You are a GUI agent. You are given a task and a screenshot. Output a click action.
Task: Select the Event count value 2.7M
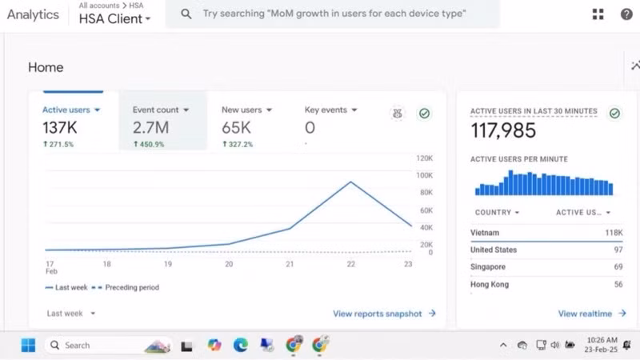(x=150, y=128)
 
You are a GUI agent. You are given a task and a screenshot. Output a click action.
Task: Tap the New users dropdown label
(x=246, y=110)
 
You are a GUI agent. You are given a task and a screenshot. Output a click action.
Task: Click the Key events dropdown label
(x=330, y=110)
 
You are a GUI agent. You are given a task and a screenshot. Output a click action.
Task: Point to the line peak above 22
(x=350, y=182)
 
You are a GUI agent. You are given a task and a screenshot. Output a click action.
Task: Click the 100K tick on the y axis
(x=424, y=175)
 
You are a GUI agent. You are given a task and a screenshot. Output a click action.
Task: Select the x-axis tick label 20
(x=229, y=264)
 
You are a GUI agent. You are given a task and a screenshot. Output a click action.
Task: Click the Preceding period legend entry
(x=126, y=287)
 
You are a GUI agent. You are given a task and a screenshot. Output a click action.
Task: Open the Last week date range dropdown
(x=70, y=314)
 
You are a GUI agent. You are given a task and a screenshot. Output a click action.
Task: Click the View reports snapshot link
(x=384, y=314)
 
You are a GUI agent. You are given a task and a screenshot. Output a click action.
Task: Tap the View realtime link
(x=592, y=314)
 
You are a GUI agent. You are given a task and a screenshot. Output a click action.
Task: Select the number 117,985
(x=503, y=130)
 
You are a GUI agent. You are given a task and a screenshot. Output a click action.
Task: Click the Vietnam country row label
(x=485, y=233)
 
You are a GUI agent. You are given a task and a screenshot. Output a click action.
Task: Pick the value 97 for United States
(x=618, y=250)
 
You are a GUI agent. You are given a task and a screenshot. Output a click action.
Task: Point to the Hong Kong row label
(x=490, y=285)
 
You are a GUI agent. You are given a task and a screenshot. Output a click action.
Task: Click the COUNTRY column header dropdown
(x=497, y=212)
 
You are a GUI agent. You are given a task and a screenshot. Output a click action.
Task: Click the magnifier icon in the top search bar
(x=186, y=14)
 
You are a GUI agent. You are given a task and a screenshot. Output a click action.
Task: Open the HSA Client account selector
(x=114, y=18)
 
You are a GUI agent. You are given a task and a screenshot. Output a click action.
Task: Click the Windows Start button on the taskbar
(x=28, y=346)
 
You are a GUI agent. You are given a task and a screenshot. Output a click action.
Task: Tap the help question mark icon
(x=626, y=14)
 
